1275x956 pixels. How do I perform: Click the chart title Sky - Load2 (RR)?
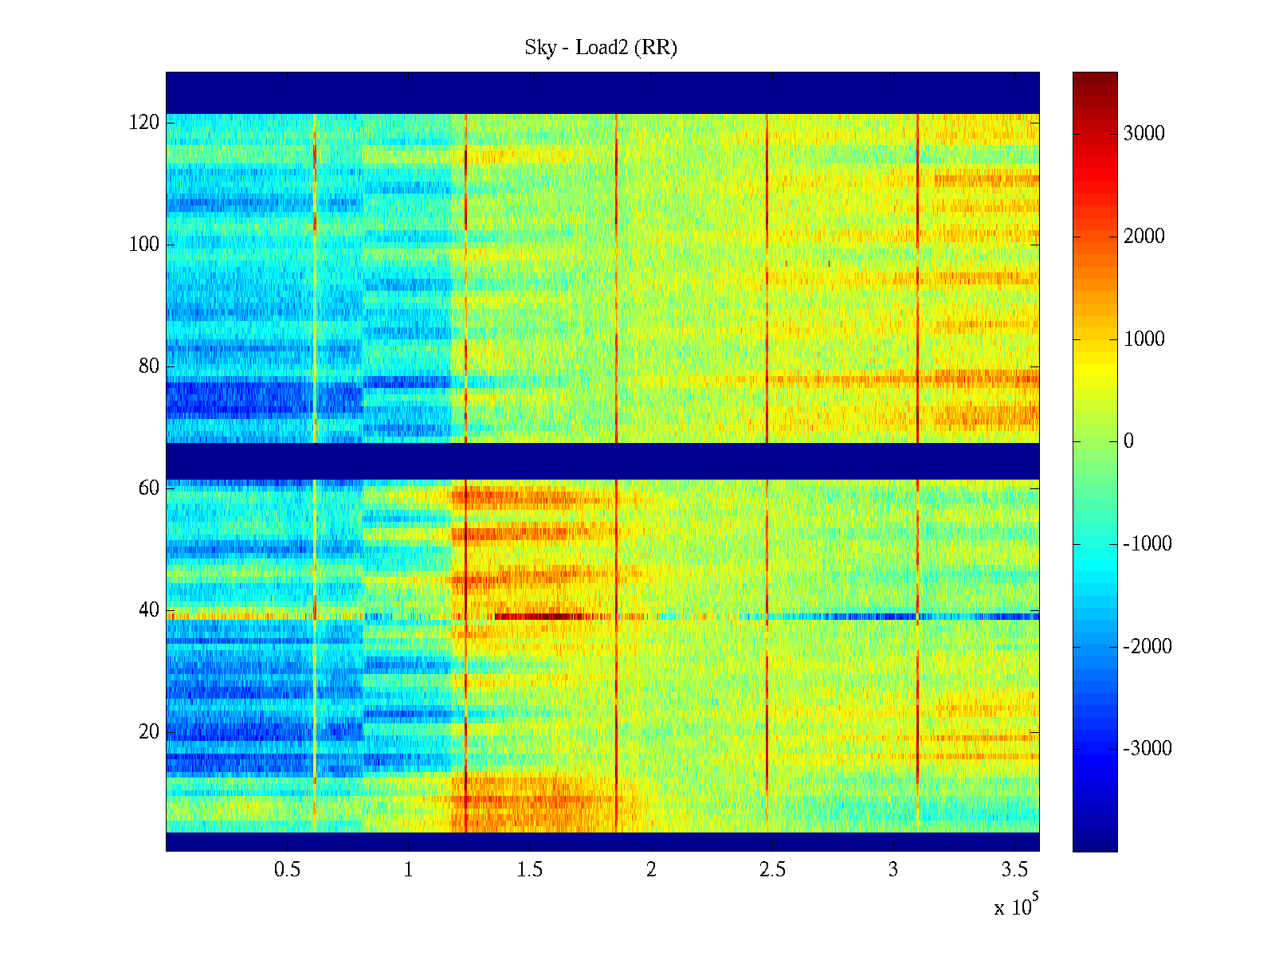pos(600,48)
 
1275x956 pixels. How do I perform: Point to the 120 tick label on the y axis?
pos(144,123)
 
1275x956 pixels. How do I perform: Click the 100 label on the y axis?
pos(144,245)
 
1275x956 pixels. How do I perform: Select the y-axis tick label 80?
pos(149,366)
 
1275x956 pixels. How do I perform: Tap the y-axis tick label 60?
pos(149,488)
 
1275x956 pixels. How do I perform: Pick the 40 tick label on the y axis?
pos(149,610)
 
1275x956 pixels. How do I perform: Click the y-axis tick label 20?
pos(149,732)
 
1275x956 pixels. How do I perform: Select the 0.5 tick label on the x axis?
pos(287,870)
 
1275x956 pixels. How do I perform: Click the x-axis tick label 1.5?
pos(530,870)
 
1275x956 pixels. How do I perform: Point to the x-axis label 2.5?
pos(772,870)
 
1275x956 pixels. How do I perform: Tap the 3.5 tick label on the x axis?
pos(1014,870)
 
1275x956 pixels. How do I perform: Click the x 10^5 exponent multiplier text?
pos(1016,906)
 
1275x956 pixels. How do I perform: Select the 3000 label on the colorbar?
pos(1144,134)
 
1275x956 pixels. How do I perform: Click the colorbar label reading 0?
pos(1128,441)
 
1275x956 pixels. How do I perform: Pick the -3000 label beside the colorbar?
pos(1147,749)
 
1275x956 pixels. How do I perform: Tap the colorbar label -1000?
pos(1147,544)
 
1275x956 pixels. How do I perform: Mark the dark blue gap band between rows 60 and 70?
pos(602,461)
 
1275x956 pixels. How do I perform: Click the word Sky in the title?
pos(539,48)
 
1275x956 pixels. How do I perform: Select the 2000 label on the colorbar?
pos(1144,237)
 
